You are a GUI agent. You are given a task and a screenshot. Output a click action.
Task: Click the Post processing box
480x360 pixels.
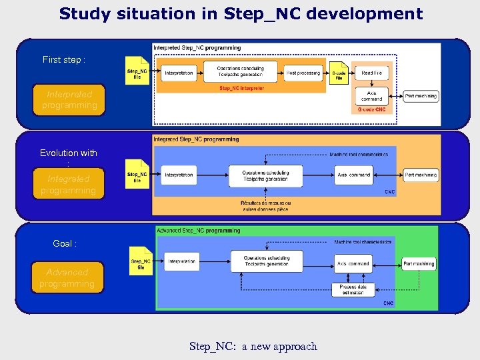click(x=303, y=73)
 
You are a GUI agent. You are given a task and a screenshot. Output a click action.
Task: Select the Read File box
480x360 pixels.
click(x=371, y=73)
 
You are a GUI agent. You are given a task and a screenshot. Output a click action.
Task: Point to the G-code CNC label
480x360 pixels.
click(x=371, y=109)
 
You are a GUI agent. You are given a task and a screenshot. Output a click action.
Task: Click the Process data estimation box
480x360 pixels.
click(x=353, y=289)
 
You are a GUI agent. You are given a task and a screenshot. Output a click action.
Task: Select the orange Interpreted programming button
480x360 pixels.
click(x=69, y=100)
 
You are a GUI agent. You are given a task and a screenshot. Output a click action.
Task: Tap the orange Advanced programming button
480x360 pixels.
click(x=67, y=278)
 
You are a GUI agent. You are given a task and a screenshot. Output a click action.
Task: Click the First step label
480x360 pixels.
click(x=64, y=59)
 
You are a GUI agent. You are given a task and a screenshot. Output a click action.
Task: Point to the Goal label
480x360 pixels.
click(x=65, y=243)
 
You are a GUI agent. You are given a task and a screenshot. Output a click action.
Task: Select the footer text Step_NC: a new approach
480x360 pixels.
click(x=253, y=346)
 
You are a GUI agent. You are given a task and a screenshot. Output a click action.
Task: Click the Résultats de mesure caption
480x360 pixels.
click(x=265, y=206)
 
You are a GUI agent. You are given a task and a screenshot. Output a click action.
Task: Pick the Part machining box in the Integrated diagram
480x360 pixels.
click(x=421, y=175)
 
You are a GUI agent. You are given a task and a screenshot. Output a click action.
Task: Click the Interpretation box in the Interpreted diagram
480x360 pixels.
click(x=179, y=73)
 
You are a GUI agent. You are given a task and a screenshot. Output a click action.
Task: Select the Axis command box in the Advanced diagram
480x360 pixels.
click(x=353, y=263)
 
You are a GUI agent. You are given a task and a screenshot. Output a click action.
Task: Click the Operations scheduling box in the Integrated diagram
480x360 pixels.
click(x=265, y=175)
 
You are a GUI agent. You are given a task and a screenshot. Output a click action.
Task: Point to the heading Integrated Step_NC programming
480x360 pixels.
click(x=196, y=139)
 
